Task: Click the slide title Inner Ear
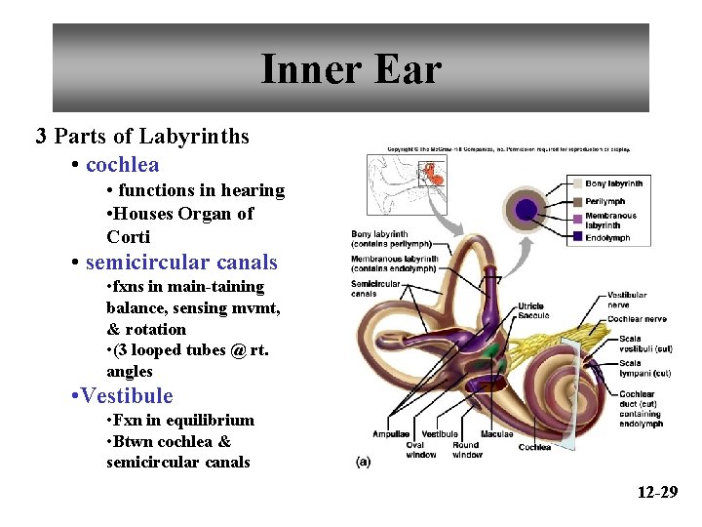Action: pos(351,69)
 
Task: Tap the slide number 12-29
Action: pos(657,492)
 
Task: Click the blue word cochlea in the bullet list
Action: pos(122,165)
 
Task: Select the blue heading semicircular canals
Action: pos(181,263)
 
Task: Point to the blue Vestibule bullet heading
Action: pos(127,396)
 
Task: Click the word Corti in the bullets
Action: pos(129,237)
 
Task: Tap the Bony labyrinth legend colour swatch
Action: pos(577,183)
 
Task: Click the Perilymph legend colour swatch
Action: pos(577,202)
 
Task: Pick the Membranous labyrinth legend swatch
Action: pos(577,220)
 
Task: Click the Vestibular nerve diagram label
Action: pos(626,300)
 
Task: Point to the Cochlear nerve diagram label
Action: pos(636,319)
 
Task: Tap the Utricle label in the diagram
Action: pos(531,306)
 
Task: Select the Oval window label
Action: pos(421,450)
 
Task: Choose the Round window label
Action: pos(467,450)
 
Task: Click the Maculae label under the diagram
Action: pos(496,434)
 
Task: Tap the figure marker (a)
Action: pos(363,463)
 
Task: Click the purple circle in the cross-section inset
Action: pos(526,209)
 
